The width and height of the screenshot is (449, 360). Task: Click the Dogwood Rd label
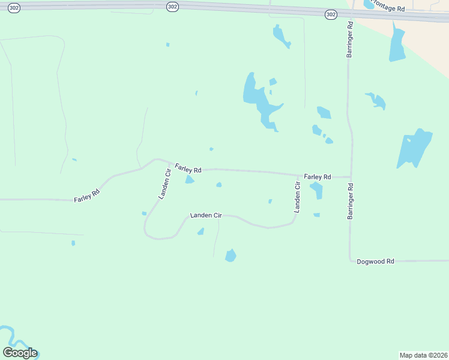point(375,262)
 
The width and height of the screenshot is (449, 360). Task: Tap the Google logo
point(20,353)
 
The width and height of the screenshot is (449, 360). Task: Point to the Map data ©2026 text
point(423,355)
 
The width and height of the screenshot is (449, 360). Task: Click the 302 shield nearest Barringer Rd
point(331,14)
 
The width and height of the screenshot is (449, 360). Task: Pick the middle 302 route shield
point(172,7)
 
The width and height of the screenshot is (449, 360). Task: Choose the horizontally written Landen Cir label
point(206,215)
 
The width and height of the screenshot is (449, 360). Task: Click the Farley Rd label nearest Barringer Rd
point(318,177)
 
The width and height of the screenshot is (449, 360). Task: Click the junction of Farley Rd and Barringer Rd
point(351,177)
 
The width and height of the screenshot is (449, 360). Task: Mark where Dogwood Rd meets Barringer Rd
point(351,261)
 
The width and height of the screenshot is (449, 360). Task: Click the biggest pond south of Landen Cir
point(231,256)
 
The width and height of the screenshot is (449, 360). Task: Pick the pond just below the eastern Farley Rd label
point(317,190)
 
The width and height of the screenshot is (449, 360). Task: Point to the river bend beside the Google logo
point(7,334)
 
